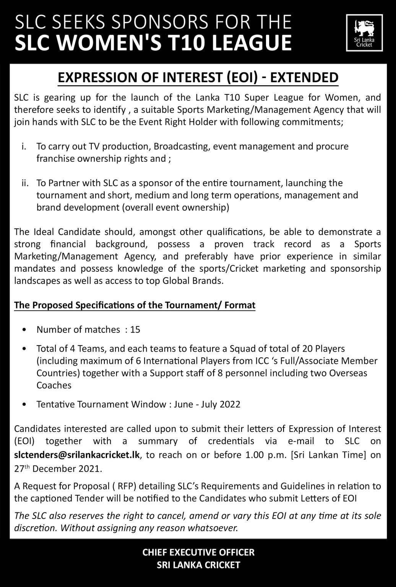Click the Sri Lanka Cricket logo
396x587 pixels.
tap(364, 32)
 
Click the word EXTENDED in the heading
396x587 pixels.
tap(303, 77)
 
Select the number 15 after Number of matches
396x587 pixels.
tap(135, 329)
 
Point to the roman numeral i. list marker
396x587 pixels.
tap(24, 146)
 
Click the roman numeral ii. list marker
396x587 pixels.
tap(25, 183)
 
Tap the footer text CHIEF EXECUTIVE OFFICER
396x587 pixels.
tap(198, 552)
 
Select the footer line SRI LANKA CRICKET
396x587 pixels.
tap(198, 565)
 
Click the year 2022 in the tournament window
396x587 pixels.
tap(230, 404)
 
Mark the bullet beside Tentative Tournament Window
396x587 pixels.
tap(25, 405)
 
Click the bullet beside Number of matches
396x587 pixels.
tap(25, 330)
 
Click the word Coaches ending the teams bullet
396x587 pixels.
tap(54, 385)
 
